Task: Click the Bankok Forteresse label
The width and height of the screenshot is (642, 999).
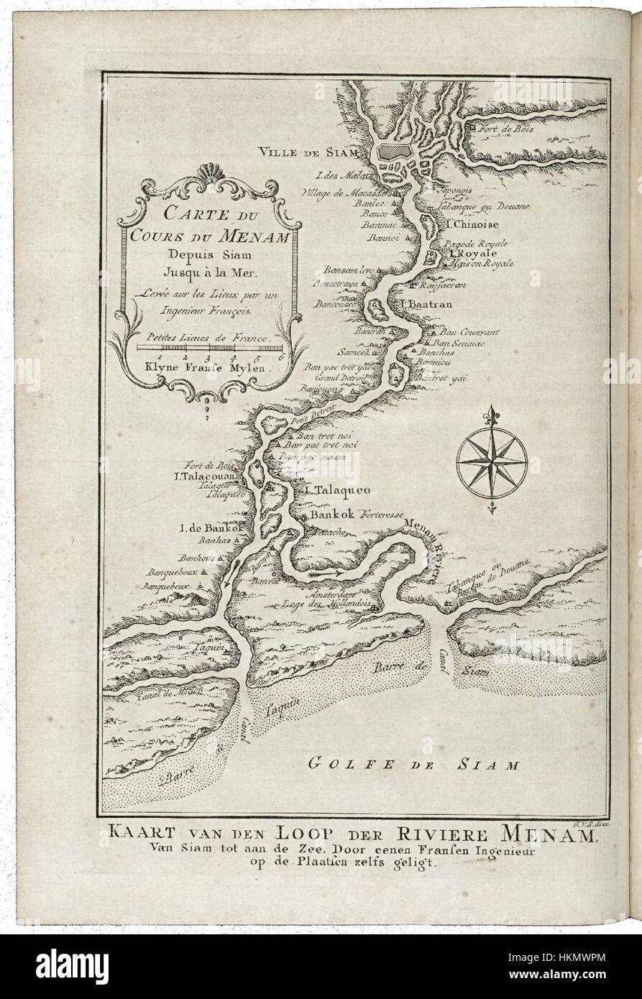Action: pyautogui.click(x=348, y=516)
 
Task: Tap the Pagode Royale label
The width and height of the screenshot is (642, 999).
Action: pyautogui.click(x=475, y=244)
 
